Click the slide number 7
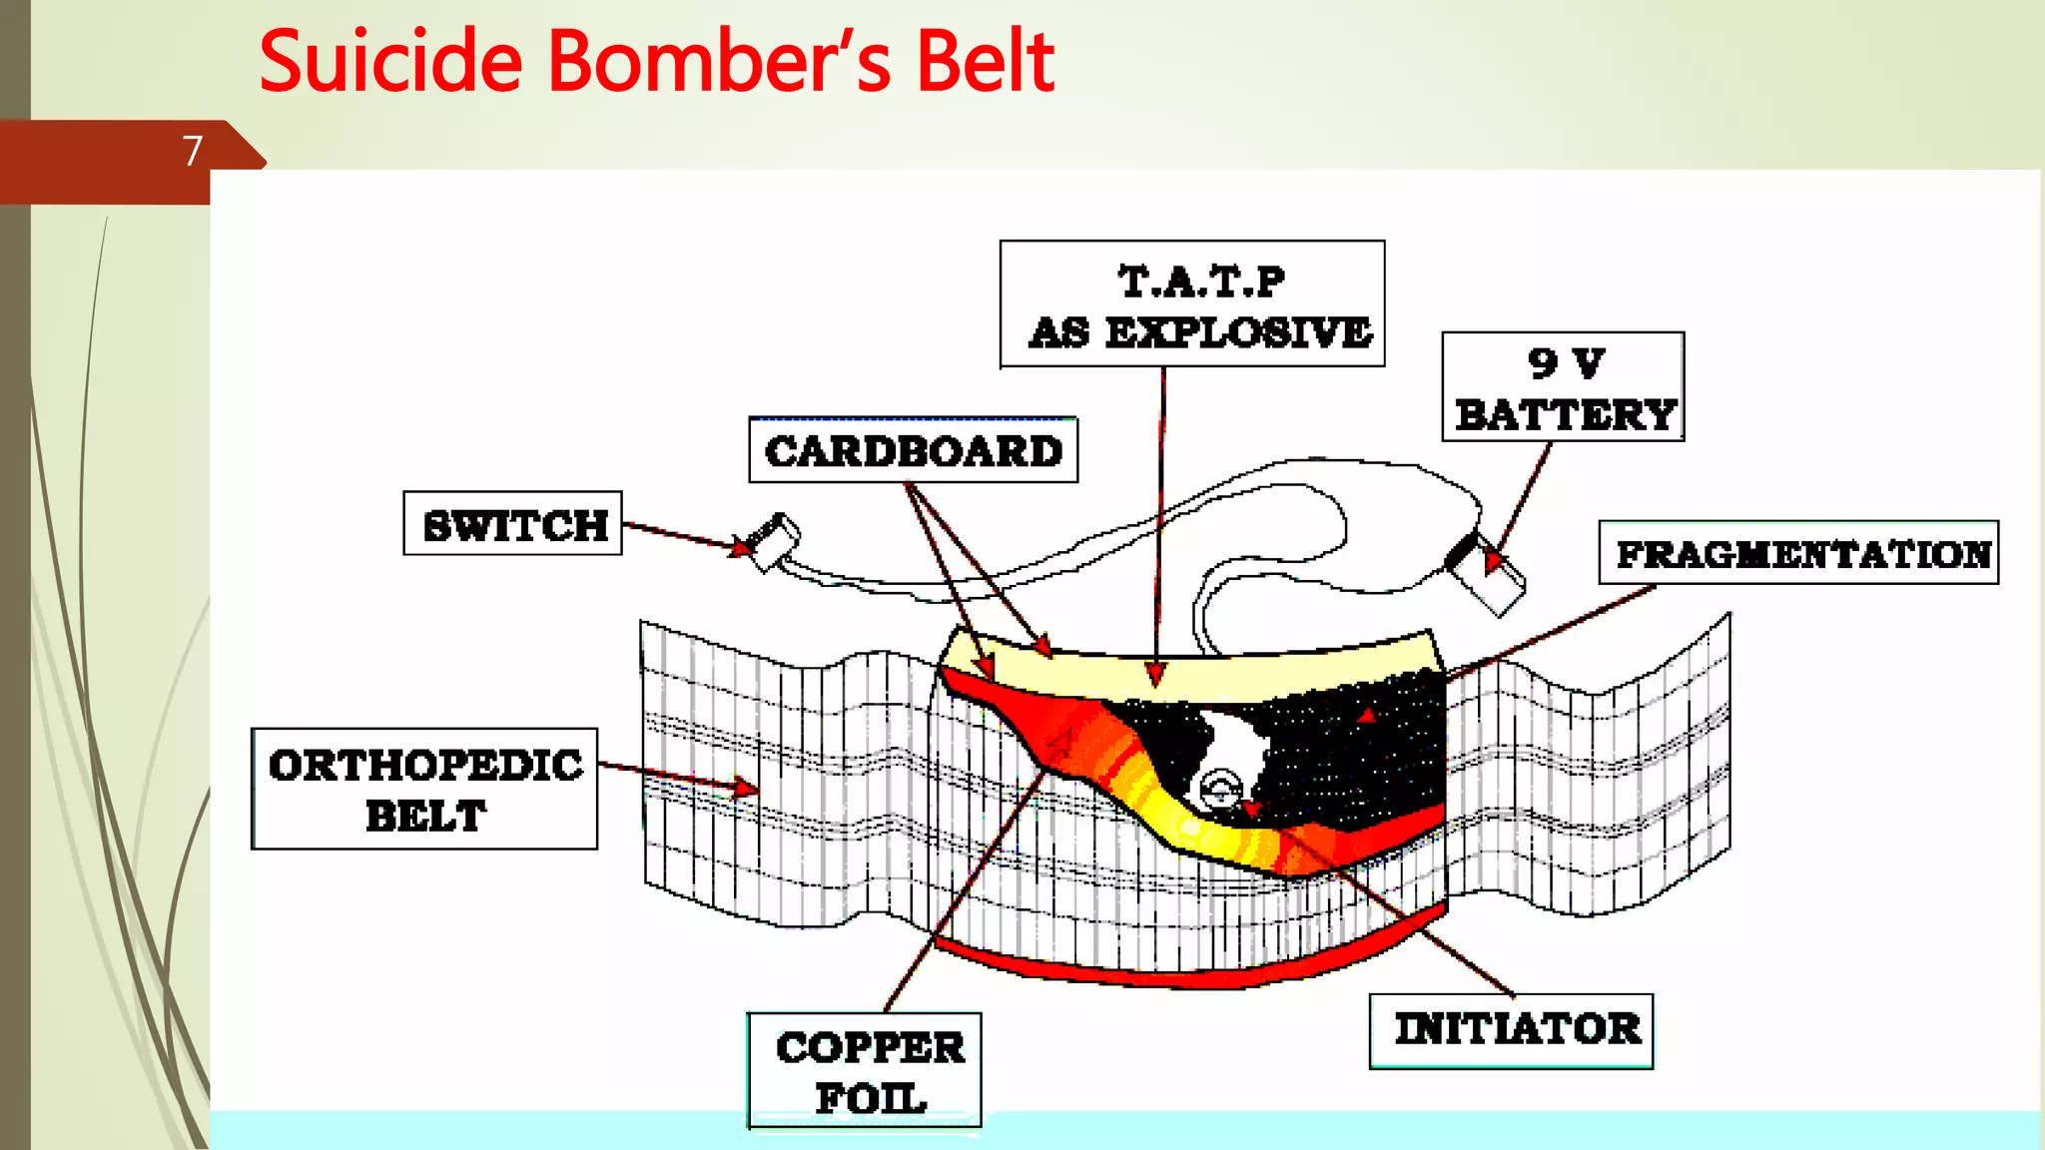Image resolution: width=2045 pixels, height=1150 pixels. tap(193, 151)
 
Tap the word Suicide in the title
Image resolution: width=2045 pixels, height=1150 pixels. tap(390, 62)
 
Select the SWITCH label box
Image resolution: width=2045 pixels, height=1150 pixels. tap(512, 523)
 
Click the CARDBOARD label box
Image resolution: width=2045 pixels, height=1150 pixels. tap(913, 451)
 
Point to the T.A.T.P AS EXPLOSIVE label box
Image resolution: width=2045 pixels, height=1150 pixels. tap(1192, 304)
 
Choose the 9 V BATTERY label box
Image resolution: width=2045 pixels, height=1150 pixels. tap(1563, 387)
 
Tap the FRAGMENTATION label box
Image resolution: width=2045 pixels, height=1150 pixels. tap(1798, 553)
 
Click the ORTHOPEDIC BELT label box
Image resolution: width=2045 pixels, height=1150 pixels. tap(424, 789)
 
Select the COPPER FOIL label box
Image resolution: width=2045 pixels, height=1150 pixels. tap(865, 1070)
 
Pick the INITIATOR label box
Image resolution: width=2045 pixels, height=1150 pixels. tap(1511, 1030)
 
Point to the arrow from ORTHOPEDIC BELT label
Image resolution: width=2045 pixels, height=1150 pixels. tap(679, 777)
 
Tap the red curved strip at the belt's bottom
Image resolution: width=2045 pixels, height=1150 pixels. tap(1188, 966)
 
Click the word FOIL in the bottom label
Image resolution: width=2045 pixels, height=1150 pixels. tap(871, 1099)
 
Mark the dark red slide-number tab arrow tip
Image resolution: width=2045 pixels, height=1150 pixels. tap(262, 161)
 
